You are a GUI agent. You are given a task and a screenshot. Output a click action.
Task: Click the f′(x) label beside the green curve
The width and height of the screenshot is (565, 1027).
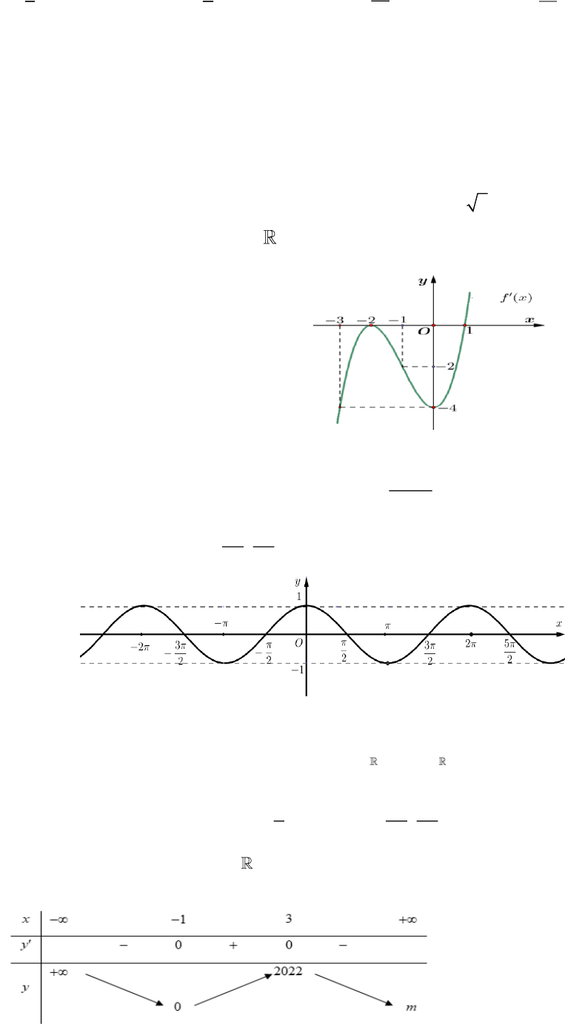516,298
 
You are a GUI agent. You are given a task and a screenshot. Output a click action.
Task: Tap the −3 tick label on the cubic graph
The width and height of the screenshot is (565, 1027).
335,320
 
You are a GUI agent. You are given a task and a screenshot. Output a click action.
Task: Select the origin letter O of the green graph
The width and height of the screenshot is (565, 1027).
424,331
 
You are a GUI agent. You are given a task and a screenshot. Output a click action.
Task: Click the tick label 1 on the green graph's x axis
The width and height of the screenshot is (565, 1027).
469,330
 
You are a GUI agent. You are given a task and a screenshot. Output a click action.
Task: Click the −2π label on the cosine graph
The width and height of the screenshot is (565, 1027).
140,647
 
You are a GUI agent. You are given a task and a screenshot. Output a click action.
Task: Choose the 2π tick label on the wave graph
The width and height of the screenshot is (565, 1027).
471,644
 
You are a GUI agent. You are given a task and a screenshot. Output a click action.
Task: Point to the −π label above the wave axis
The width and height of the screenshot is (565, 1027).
221,624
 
